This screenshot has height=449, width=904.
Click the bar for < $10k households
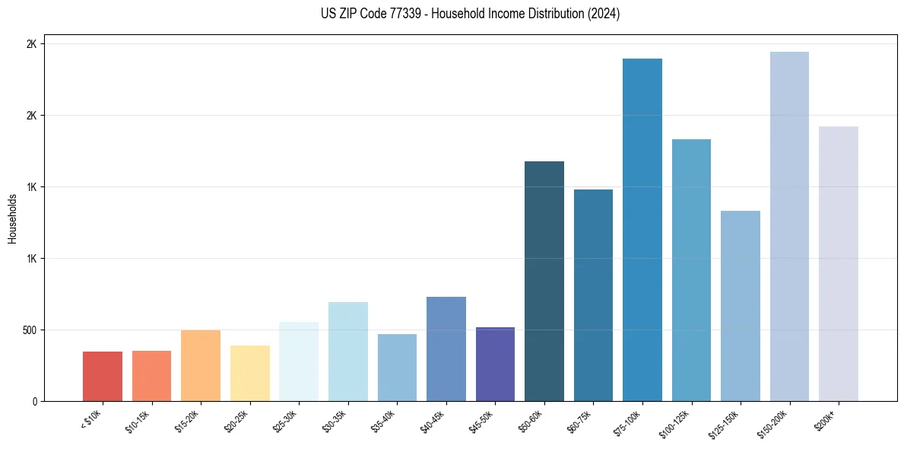[103, 376]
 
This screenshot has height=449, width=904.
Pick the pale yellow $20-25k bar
[249, 373]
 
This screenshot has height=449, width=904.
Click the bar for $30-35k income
[348, 352]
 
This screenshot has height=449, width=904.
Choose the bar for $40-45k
[446, 349]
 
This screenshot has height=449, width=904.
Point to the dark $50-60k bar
[544, 281]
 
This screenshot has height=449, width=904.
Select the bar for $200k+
[839, 263]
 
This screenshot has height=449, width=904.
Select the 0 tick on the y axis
[33, 401]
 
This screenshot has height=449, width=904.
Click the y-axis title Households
[12, 218]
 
